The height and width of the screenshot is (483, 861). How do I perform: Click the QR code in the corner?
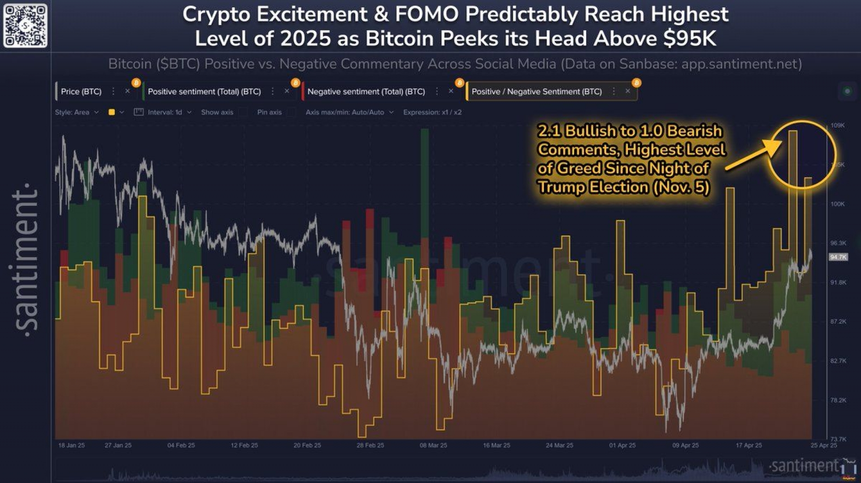(x=25, y=25)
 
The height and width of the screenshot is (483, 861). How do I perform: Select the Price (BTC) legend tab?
(x=81, y=91)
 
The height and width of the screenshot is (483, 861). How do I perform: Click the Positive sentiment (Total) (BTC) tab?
(x=204, y=91)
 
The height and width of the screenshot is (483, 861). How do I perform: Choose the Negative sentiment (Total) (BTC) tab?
(x=366, y=91)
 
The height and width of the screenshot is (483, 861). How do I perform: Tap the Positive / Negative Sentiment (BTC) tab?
(x=536, y=91)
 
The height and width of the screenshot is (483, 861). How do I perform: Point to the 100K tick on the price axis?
(x=837, y=204)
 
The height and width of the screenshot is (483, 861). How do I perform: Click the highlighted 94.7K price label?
(x=838, y=257)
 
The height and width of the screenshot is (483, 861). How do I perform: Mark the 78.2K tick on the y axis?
(x=838, y=400)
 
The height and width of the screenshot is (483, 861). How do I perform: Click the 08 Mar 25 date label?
(x=433, y=445)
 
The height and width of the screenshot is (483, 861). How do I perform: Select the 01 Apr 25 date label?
(x=622, y=445)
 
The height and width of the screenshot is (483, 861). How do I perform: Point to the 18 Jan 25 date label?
(x=71, y=445)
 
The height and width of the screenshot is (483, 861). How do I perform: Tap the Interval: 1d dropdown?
(x=165, y=112)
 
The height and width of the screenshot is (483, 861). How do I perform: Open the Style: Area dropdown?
(x=76, y=112)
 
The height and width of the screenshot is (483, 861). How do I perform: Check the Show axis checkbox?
(x=243, y=112)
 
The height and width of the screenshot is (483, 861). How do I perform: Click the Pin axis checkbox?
(x=291, y=112)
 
